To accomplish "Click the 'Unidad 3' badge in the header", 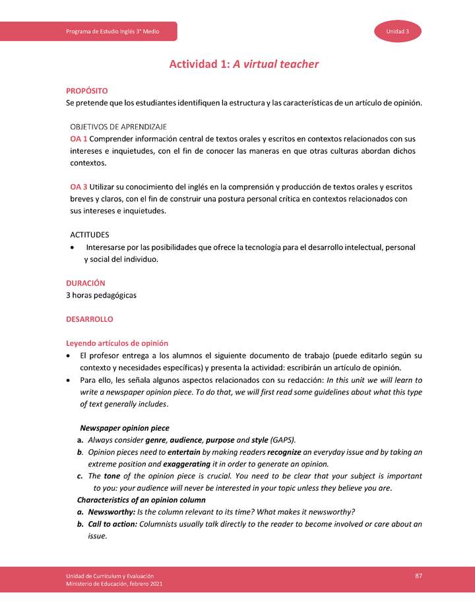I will click(398, 32).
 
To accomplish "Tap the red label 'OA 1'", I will click(79, 139).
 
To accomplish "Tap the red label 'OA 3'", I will click(79, 187).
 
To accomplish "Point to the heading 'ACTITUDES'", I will click(90, 234).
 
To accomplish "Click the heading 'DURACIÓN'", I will click(86, 283).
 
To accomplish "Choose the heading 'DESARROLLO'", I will click(90, 319).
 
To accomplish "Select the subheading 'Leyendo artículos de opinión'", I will click(117, 343).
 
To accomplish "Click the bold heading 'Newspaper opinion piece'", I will click(124, 428).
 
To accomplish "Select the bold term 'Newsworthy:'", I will click(113, 512).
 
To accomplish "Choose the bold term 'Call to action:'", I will click(115, 524).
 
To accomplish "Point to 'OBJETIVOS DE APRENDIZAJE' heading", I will click(118, 126).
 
